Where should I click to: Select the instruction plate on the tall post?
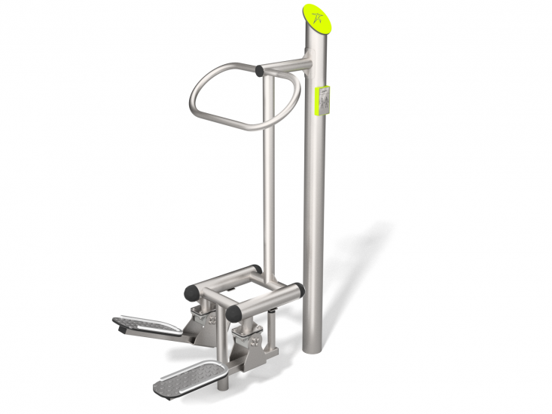tap(322, 100)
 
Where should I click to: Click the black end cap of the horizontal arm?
tap(260, 71)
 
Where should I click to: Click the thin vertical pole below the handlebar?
tap(268, 189)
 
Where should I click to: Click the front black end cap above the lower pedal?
tap(233, 311)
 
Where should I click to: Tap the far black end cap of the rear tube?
tap(256, 269)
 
